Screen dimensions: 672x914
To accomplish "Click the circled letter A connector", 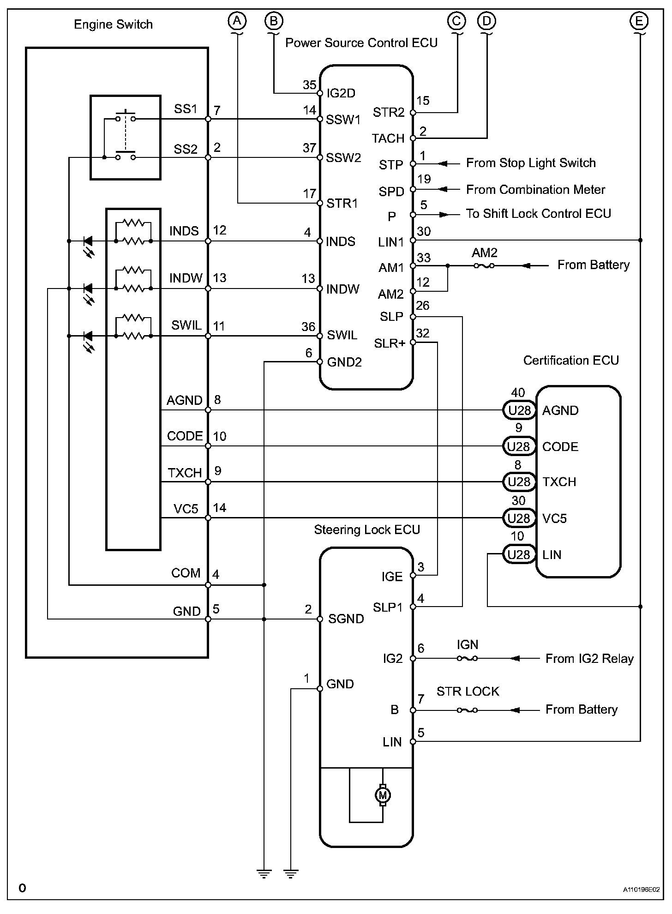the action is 237,21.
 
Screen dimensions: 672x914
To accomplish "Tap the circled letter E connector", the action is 639,21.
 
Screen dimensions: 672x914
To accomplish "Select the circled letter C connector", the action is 457,21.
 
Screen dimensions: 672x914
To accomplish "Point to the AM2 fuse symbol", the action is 484,266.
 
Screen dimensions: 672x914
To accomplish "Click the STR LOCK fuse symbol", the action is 467,710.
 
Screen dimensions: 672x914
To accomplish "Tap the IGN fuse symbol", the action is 467,659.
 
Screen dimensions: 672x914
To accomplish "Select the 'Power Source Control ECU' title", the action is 361,43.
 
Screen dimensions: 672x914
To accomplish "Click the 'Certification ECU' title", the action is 571,361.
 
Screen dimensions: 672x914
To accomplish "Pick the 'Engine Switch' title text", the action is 114,24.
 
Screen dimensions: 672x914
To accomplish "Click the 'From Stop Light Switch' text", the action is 531,163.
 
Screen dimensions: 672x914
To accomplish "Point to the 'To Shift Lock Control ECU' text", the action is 538,214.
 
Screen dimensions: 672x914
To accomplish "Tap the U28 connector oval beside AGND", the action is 519,410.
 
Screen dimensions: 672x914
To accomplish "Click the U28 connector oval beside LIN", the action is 519,554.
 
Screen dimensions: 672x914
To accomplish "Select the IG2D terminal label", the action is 341,93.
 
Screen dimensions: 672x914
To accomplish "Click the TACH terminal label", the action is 388,138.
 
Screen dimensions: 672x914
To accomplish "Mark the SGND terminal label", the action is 346,619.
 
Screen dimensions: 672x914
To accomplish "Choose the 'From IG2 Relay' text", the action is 589,659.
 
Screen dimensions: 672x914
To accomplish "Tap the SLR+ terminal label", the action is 390,343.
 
